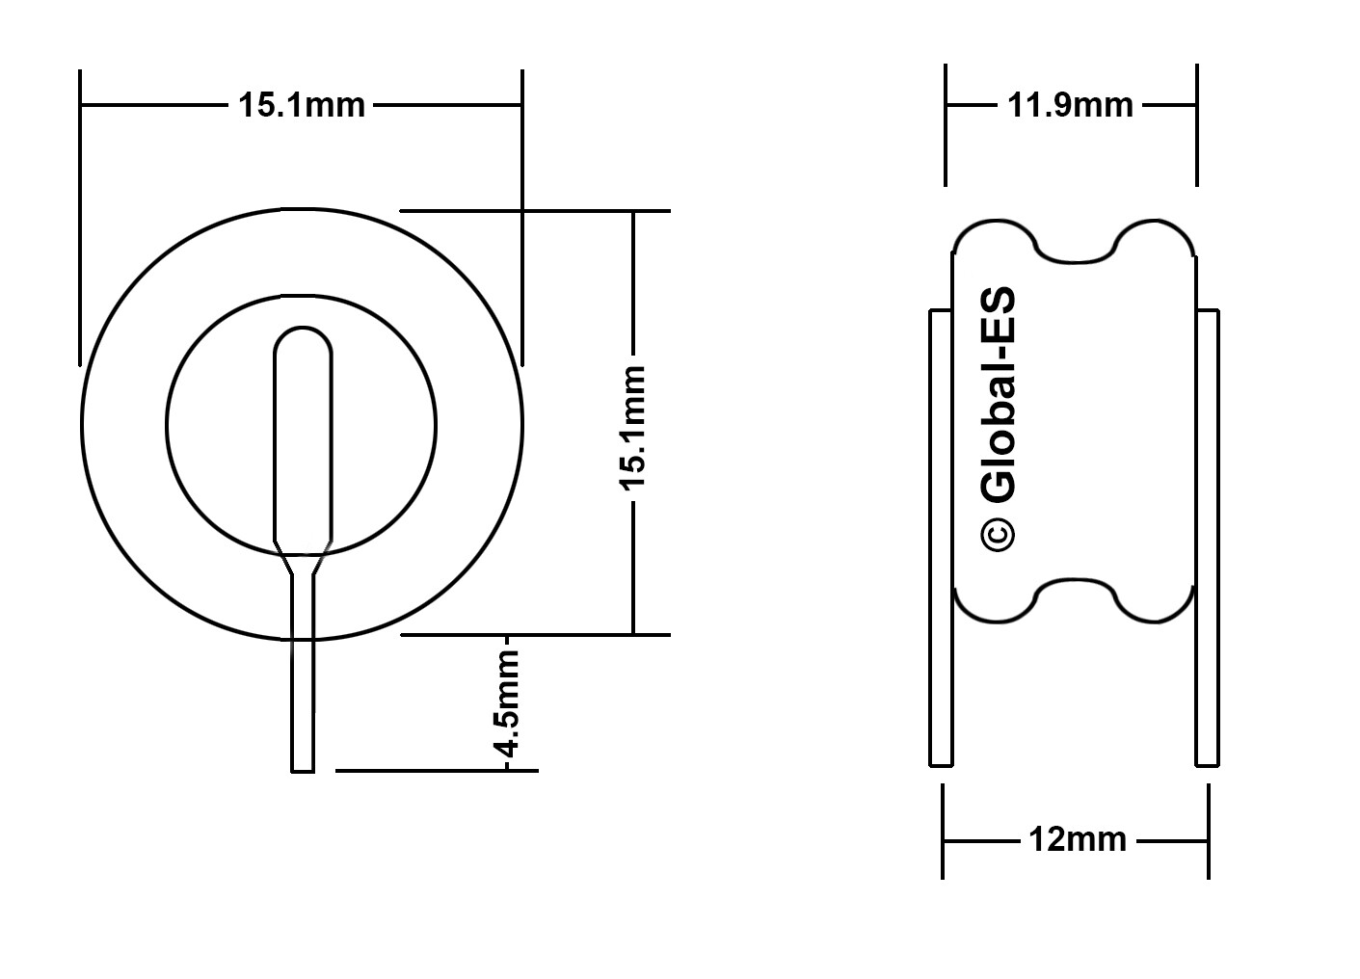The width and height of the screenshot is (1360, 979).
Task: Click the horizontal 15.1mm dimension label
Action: coord(302,105)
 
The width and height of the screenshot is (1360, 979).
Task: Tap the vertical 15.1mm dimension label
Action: coord(632,428)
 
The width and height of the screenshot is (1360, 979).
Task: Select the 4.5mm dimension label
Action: coord(506,704)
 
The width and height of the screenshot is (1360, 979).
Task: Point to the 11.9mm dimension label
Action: coord(1071,105)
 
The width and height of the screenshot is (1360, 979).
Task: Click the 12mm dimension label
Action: coord(1078,840)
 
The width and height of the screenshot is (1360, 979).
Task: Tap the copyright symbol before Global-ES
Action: coord(998,534)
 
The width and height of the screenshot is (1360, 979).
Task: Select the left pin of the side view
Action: coord(941,538)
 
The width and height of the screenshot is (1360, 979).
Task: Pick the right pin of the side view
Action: coord(1207,538)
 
